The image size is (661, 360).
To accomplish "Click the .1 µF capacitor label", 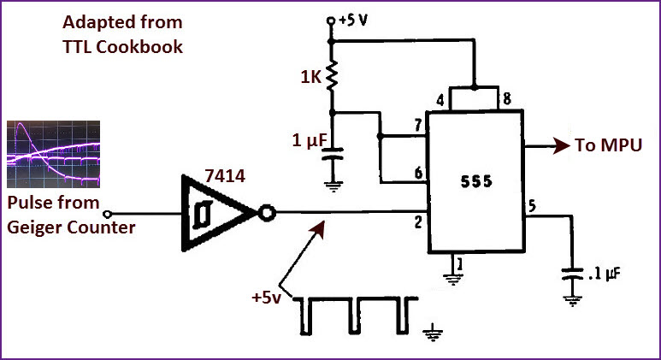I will [605, 274].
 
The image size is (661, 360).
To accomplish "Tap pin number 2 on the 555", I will [418, 221].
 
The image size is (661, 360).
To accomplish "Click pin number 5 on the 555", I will [533, 205].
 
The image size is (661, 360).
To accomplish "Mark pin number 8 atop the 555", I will [507, 101].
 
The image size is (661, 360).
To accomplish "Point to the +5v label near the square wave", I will [266, 298].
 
